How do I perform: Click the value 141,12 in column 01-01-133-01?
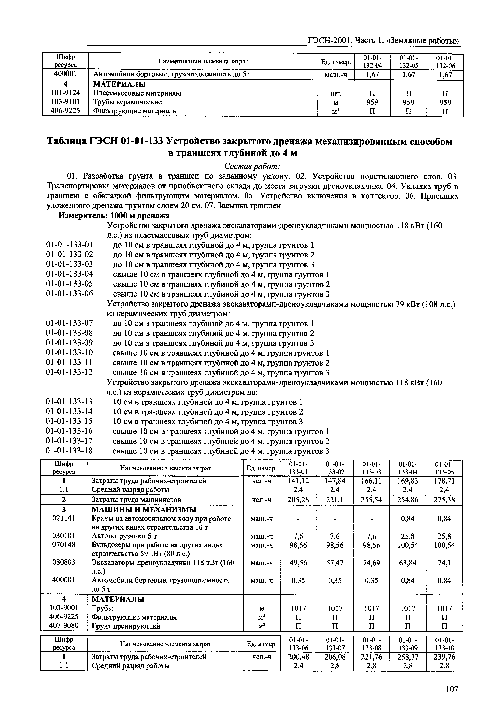tap(298, 481)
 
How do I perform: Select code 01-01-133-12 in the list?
tap(69, 372)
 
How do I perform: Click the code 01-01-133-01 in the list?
tap(69, 245)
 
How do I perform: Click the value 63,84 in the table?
tap(407, 563)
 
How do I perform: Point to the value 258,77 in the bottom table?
tap(407, 657)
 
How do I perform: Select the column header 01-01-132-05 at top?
tap(408, 62)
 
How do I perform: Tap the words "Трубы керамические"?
tap(127, 102)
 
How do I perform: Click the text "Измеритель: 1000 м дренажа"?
tap(114, 216)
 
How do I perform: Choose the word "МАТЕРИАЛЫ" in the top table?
tap(120, 84)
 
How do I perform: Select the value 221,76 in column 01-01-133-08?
tap(371, 657)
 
